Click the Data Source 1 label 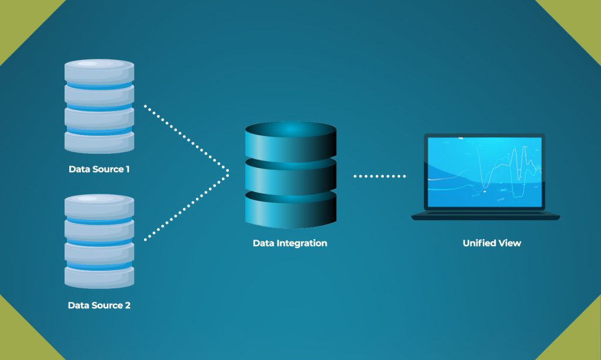pos(99,169)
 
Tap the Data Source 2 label pos(99,305)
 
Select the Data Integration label pos(290,243)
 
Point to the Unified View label pos(491,243)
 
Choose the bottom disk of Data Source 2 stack pos(99,276)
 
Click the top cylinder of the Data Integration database pos(291,141)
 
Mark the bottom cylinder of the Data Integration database pos(291,210)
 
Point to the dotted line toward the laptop pos(380,176)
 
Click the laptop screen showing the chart pos(484,171)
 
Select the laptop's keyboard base pos(485,216)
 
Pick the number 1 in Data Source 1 pos(127,169)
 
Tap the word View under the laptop pos(509,243)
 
